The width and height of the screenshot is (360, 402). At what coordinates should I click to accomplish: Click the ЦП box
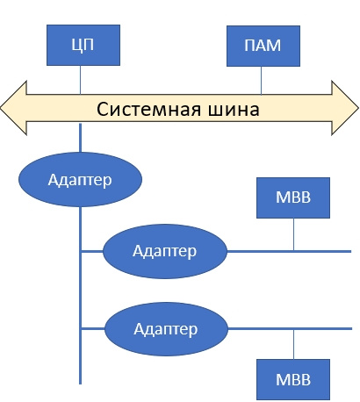point(80,44)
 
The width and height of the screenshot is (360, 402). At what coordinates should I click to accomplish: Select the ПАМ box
point(261,44)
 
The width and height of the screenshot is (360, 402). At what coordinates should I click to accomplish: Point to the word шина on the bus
point(228,110)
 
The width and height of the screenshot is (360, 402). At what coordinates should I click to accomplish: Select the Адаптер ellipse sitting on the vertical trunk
point(80,179)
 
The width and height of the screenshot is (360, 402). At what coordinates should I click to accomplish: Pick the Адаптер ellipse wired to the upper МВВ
point(165,251)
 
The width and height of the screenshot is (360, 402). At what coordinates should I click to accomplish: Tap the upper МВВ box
point(293,197)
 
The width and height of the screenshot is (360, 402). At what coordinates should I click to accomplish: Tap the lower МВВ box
point(293,379)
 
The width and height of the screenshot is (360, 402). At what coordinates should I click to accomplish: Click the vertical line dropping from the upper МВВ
point(293,233)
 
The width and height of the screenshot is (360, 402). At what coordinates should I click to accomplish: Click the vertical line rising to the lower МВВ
point(293,344)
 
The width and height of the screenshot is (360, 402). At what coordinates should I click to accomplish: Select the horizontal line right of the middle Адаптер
point(281,251)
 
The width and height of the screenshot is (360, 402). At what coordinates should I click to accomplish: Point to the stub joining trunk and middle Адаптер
point(92,251)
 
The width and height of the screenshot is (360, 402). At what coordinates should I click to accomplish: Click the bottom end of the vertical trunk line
point(80,381)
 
